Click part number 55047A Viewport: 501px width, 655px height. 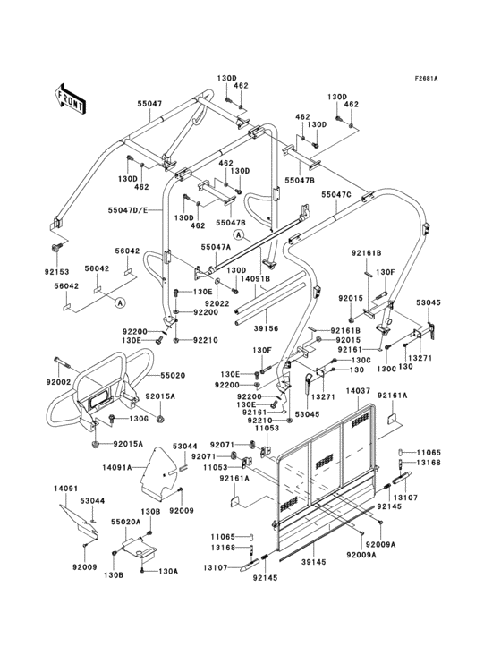(216, 246)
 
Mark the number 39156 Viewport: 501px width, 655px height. (267, 328)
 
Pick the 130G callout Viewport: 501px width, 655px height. (138, 419)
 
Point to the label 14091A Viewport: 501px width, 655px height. (116, 466)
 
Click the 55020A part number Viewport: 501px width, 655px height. (125, 520)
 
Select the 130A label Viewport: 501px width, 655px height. (169, 571)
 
